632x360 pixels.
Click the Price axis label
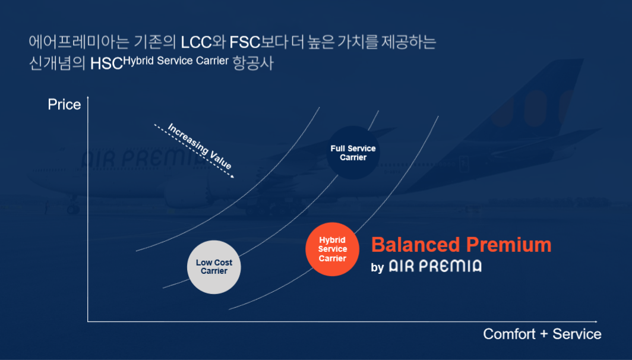[x=64, y=105]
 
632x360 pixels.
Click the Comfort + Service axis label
[x=542, y=334]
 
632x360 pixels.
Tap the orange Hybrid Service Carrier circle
[x=332, y=249]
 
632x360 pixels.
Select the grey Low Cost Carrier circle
[x=214, y=267]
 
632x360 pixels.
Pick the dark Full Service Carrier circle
[x=353, y=153]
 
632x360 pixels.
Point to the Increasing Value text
[x=200, y=146]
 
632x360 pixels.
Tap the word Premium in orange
[x=508, y=245]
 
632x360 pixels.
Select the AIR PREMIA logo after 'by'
[x=435, y=267]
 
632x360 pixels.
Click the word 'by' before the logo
[x=377, y=268]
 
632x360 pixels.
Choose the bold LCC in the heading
[x=196, y=42]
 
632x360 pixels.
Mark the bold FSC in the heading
[x=245, y=42]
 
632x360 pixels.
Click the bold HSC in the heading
[x=106, y=64]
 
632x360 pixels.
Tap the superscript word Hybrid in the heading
[x=138, y=61]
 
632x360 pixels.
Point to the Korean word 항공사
[x=253, y=63]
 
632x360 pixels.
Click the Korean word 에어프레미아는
[x=79, y=42]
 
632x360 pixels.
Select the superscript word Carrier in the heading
[x=212, y=61]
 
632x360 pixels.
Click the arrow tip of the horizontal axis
[x=596, y=322]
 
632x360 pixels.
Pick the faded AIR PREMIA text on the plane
[x=142, y=159]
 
